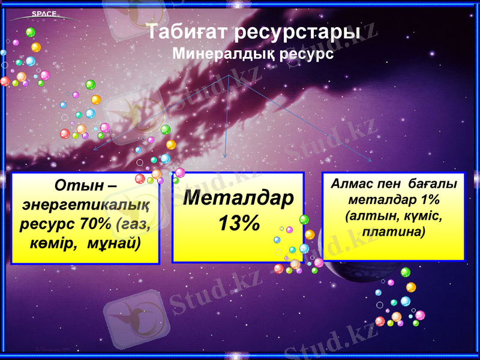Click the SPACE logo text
[x=44, y=14]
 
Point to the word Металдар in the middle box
[x=238, y=198]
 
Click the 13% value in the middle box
[x=238, y=224]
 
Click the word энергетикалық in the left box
[x=85, y=204]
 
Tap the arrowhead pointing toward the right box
[x=370, y=160]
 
